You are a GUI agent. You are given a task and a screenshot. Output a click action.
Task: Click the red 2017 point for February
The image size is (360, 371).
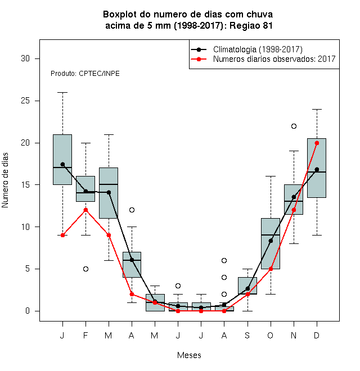click(x=85, y=210)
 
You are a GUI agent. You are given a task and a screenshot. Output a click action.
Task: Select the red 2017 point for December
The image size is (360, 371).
click(x=317, y=143)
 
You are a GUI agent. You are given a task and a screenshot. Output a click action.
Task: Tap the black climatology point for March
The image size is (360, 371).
click(x=109, y=192)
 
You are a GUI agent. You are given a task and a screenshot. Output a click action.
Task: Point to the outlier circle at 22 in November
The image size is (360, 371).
click(x=294, y=126)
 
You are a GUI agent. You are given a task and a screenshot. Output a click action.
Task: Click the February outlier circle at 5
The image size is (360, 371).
click(x=85, y=269)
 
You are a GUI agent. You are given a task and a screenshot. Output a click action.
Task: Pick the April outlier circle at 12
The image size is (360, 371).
click(x=132, y=210)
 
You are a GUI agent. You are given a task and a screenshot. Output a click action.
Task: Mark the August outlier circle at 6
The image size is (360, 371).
click(x=224, y=260)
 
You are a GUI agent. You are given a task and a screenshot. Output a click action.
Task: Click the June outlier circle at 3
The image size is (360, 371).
click(x=178, y=286)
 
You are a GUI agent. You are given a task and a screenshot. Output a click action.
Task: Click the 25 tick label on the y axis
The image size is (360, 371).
click(x=25, y=101)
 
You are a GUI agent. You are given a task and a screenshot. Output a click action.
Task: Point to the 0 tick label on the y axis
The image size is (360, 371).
click(x=28, y=311)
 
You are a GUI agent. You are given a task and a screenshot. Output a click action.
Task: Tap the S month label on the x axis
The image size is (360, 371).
click(x=247, y=335)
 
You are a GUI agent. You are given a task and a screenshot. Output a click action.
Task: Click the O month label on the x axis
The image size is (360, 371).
click(x=270, y=335)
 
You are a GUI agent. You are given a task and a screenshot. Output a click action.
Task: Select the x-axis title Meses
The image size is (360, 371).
click(x=189, y=355)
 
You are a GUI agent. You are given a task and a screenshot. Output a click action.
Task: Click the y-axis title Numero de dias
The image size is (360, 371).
click(x=5, y=180)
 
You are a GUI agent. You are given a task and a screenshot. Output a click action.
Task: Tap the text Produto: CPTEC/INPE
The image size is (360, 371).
click(x=85, y=74)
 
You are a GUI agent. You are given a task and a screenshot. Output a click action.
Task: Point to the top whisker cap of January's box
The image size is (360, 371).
click(x=62, y=93)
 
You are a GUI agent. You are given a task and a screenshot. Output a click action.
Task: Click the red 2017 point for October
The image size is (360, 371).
click(x=271, y=269)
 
